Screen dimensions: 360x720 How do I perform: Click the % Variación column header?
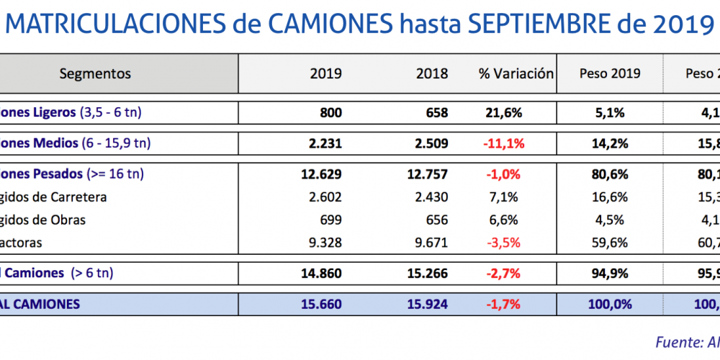coord(516,73)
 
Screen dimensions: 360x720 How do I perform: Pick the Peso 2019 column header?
coord(610,73)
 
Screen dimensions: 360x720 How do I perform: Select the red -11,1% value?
coord(503,143)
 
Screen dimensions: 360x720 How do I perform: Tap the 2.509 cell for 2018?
coord(432,143)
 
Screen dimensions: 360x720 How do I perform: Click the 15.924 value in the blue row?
coord(427,305)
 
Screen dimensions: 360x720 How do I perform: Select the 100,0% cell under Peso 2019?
coord(610,305)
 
